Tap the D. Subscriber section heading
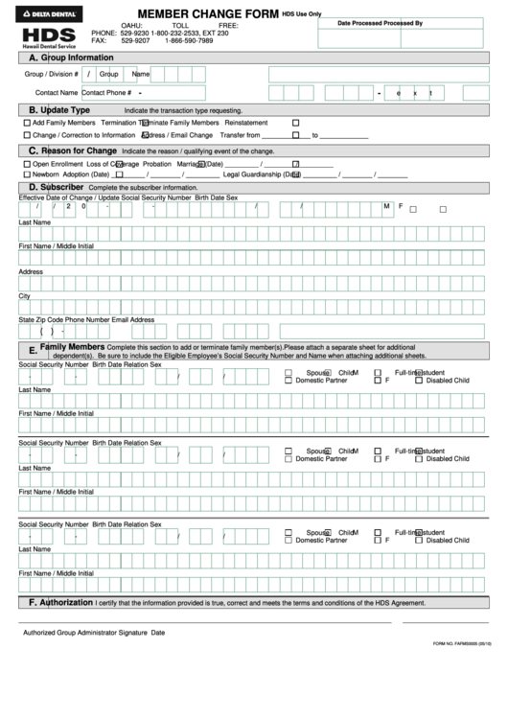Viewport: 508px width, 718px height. [x=61, y=187]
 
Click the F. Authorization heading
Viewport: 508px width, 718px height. [x=60, y=603]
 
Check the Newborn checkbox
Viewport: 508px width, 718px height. [x=26, y=175]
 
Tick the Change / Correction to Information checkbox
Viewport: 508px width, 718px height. [x=26, y=135]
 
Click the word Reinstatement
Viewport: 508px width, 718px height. [x=246, y=124]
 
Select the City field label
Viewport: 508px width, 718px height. [x=25, y=296]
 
